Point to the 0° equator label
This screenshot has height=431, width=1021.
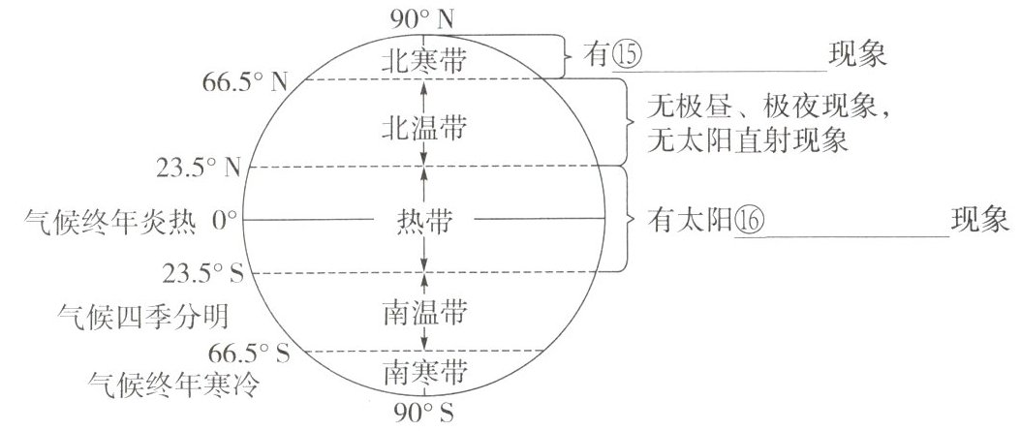tap(226, 221)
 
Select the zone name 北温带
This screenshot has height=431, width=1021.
tap(424, 127)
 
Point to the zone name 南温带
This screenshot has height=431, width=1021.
tap(424, 313)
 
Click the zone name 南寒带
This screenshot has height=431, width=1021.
tap(424, 371)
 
